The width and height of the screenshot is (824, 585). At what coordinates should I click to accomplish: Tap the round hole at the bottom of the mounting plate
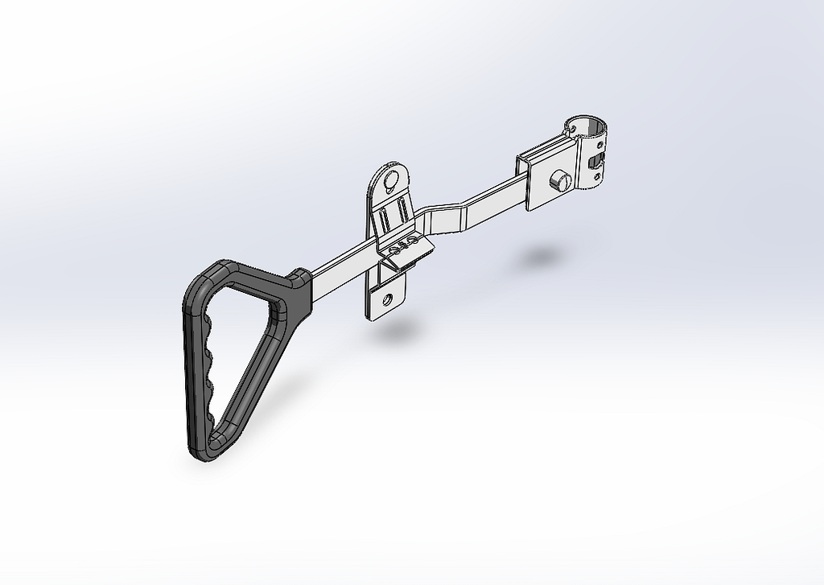tap(388, 300)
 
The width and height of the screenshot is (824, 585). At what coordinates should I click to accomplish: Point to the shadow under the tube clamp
tap(540, 257)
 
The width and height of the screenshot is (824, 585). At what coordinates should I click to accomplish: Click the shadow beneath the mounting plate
tap(399, 331)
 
